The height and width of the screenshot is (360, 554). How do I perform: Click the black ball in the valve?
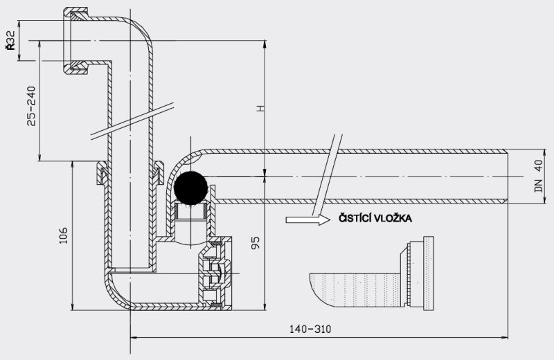191,188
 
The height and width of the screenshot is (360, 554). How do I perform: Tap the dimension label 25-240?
31,106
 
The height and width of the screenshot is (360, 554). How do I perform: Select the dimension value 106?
63,235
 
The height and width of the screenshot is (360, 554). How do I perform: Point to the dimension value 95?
255,243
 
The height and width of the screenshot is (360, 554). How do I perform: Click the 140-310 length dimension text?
310,330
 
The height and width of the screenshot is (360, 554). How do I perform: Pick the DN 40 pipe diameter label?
539,176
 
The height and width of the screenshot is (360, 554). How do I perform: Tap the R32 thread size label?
10,41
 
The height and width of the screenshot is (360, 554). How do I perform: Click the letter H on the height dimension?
260,109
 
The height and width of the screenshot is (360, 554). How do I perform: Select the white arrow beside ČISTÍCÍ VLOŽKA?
307,219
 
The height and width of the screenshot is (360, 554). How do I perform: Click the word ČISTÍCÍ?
355,218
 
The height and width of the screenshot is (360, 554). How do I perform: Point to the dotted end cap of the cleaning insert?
429,273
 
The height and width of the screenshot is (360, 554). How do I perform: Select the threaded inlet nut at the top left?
76,41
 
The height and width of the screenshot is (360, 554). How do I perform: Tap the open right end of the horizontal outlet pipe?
508,177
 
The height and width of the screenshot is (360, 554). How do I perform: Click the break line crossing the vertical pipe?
132,121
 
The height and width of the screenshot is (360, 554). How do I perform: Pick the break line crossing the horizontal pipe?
327,175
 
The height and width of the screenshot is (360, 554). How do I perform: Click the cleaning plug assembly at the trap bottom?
215,273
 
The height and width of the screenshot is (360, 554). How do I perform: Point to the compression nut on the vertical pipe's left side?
102,172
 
